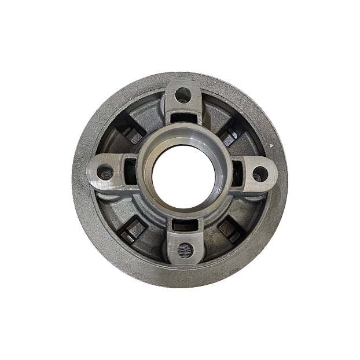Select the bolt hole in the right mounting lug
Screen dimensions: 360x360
[260, 172]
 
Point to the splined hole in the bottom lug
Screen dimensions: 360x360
[185, 249]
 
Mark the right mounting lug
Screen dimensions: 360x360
[255, 172]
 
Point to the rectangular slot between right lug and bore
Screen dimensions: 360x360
[238, 171]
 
